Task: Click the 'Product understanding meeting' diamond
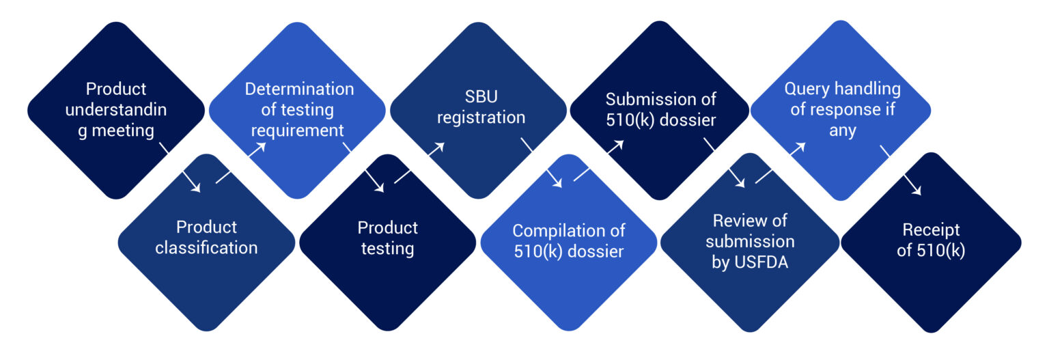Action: tap(116, 110)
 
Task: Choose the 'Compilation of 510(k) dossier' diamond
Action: tap(568, 243)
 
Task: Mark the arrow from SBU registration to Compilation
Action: tap(541, 163)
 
